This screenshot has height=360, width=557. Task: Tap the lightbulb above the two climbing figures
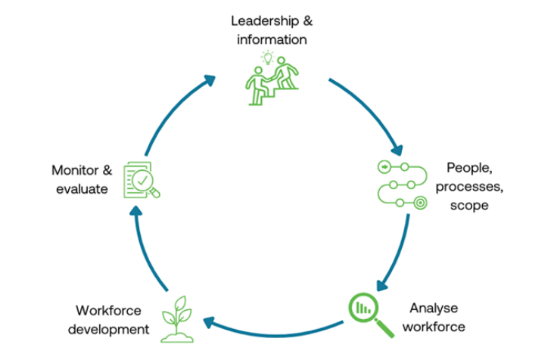click(x=266, y=56)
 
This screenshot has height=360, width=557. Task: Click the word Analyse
click(x=434, y=308)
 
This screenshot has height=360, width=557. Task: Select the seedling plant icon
click(x=180, y=317)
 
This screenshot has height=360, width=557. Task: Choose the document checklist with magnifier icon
click(x=142, y=179)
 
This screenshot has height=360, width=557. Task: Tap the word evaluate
click(x=81, y=189)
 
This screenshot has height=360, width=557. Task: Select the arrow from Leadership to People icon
click(x=375, y=111)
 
